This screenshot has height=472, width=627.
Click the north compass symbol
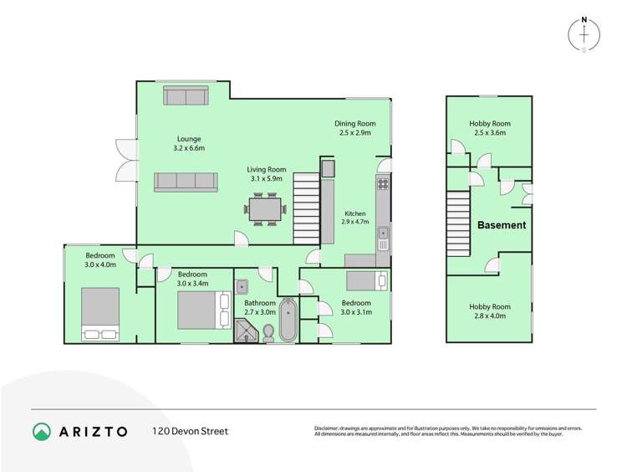point(584,33)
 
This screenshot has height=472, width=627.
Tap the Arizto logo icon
point(42,432)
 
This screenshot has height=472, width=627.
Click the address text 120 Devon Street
point(190,432)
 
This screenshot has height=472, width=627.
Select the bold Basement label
point(502,225)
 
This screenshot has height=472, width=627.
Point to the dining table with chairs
point(268,209)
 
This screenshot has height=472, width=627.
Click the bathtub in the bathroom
point(288,320)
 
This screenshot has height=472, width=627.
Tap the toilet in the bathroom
point(268,333)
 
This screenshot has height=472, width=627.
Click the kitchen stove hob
point(383,185)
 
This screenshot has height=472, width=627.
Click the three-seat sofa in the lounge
point(185,181)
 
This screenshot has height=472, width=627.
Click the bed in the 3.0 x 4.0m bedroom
point(100,315)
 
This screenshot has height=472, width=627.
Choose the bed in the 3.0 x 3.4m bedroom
point(203,310)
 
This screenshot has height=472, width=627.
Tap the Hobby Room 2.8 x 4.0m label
point(489,311)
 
